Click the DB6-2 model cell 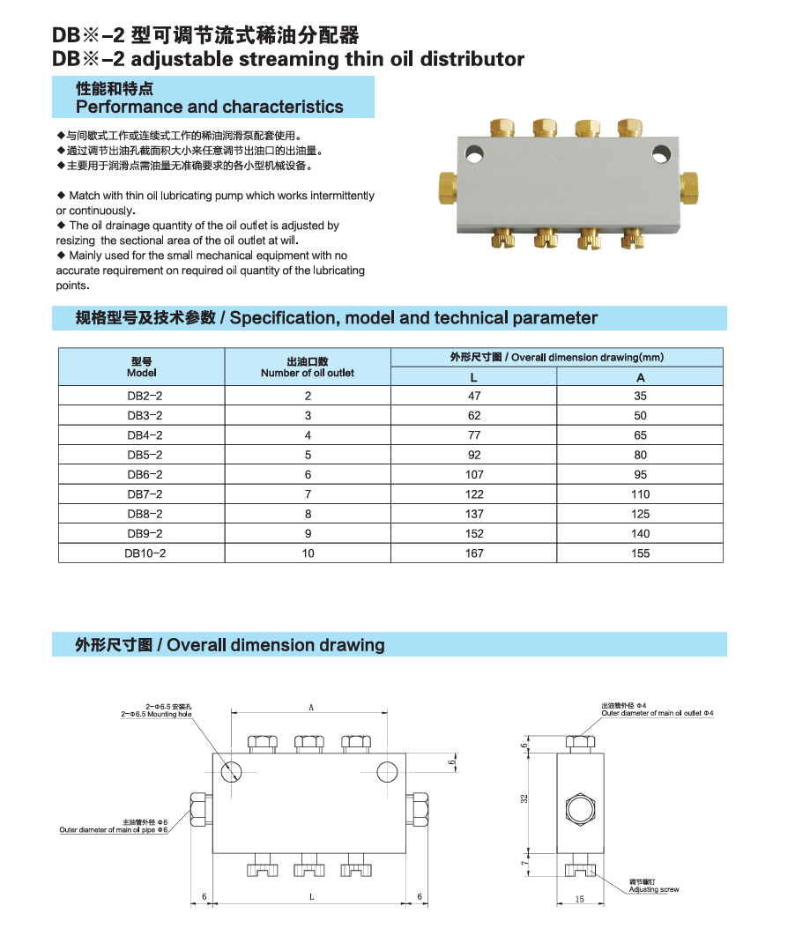(144, 474)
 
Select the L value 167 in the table (474, 553)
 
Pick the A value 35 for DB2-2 (640, 396)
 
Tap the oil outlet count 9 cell (308, 533)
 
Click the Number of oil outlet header (307, 367)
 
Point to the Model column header (142, 367)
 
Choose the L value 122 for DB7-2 (474, 494)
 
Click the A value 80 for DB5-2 (640, 455)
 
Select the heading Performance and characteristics (209, 107)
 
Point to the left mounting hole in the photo (477, 155)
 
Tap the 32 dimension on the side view (524, 798)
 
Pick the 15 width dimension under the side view (579, 899)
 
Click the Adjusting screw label (653, 889)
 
